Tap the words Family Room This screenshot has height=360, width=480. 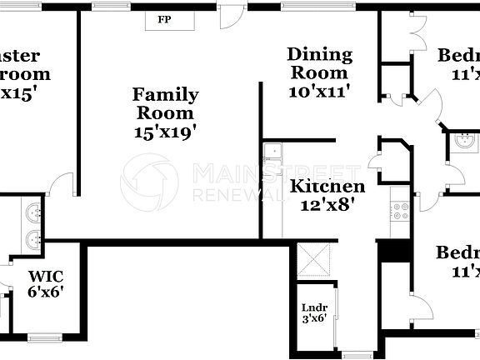(x=166, y=104)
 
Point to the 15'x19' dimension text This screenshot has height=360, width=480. (x=166, y=131)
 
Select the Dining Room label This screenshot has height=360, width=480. (x=319, y=64)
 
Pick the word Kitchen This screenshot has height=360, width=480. (x=327, y=187)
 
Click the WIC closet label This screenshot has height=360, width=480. (x=46, y=275)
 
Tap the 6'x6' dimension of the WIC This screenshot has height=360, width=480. (x=46, y=292)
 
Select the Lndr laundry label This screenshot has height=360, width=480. (x=313, y=307)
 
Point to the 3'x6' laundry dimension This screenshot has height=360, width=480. (x=313, y=317)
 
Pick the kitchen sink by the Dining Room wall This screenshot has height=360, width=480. (x=272, y=152)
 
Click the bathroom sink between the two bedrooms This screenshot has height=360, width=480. (x=463, y=142)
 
